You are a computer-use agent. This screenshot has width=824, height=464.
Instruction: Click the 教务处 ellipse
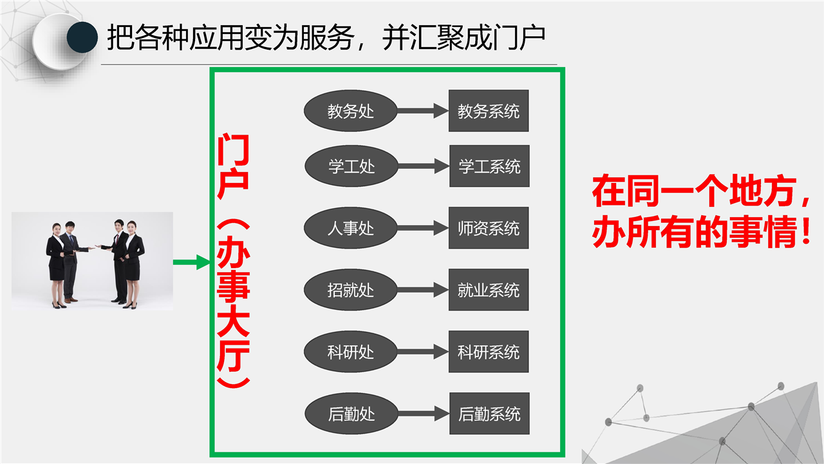pyautogui.click(x=351, y=111)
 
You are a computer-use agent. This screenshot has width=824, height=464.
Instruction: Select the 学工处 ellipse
pyautogui.click(x=351, y=166)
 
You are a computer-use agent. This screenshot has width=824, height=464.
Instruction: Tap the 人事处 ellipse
pyautogui.click(x=351, y=228)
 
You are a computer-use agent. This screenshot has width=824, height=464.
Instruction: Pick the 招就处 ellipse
pyautogui.click(x=351, y=290)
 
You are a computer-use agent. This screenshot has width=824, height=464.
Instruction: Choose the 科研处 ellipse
pyautogui.click(x=351, y=352)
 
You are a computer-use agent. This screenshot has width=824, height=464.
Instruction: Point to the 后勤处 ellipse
pyautogui.click(x=351, y=414)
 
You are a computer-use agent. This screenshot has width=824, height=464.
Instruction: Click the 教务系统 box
pyautogui.click(x=489, y=111)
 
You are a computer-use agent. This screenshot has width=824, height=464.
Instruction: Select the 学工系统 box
pyautogui.click(x=489, y=166)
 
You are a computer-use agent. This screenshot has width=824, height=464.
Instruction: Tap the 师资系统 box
pyautogui.click(x=489, y=228)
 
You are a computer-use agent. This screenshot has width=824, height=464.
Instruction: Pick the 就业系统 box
pyautogui.click(x=489, y=290)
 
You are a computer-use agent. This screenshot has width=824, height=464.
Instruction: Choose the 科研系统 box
pyautogui.click(x=489, y=352)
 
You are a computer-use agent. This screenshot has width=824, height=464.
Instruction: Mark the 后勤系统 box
pyautogui.click(x=489, y=414)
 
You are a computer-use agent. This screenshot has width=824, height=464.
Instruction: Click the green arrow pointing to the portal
pyautogui.click(x=191, y=262)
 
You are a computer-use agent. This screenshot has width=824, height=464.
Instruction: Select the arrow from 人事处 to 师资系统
pyautogui.click(x=423, y=228)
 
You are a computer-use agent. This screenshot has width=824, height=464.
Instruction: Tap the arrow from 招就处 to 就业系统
pyautogui.click(x=423, y=290)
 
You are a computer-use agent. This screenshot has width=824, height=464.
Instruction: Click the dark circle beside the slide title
pyautogui.click(x=82, y=37)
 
